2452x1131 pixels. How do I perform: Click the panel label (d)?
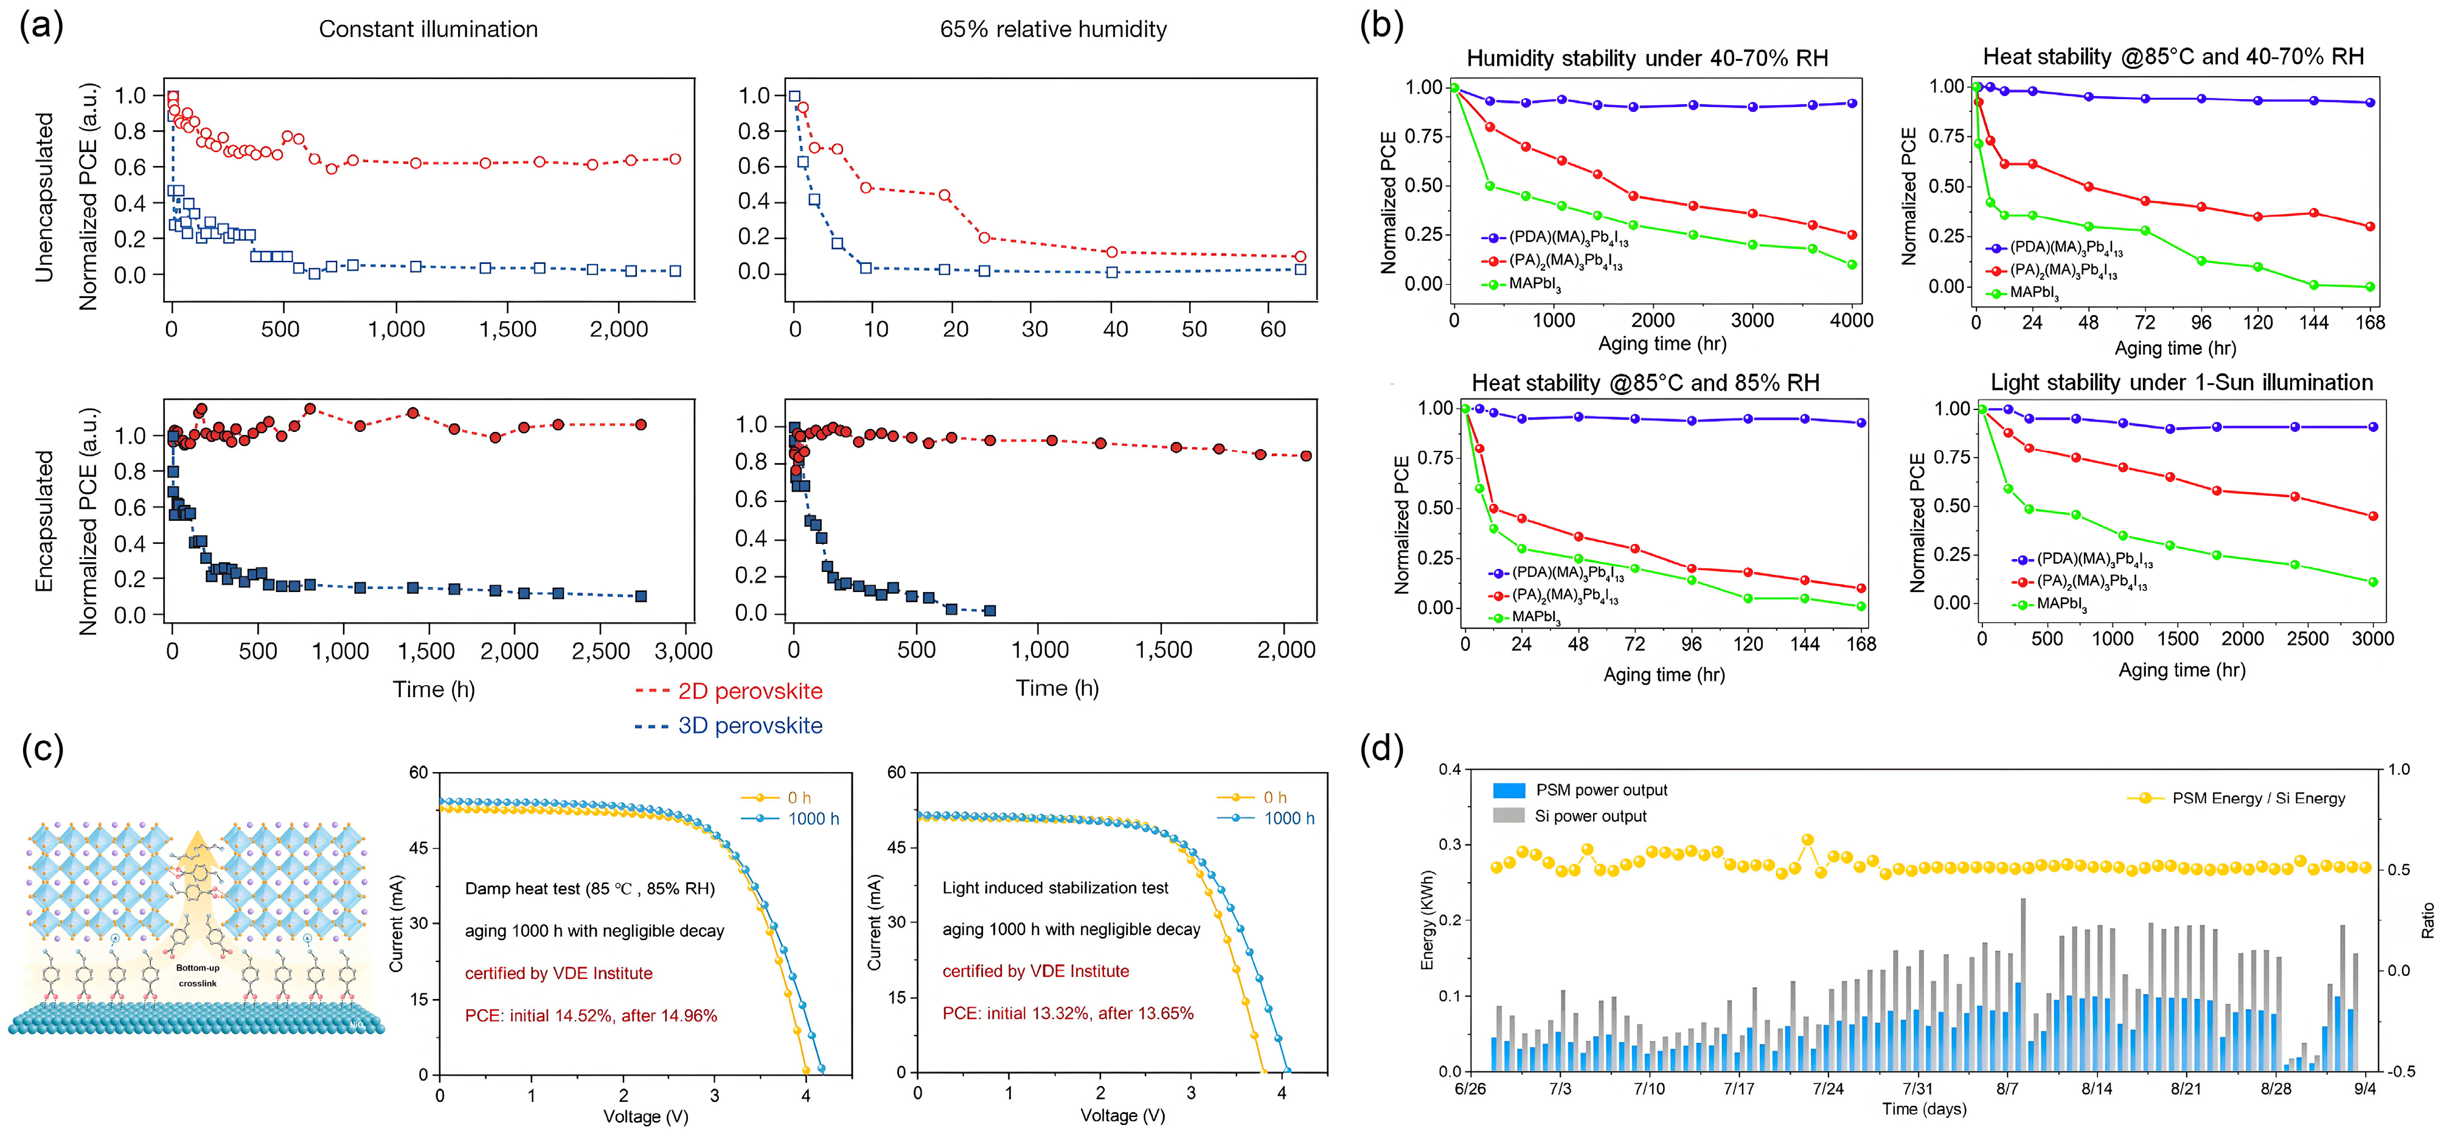1382,750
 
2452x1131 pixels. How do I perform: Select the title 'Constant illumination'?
428,30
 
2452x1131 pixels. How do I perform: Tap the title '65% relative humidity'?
1053,30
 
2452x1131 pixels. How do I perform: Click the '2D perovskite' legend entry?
749,691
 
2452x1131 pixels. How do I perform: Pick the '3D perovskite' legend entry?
749,725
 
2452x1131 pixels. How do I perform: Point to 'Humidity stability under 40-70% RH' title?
1647,58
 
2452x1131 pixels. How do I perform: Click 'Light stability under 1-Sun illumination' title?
2182,383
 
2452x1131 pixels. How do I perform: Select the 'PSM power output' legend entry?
1601,790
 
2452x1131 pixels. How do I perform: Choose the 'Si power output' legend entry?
1589,816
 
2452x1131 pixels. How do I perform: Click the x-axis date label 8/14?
2097,1089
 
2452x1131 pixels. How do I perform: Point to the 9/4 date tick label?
2366,1089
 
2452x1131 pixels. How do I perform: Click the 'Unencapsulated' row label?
44,197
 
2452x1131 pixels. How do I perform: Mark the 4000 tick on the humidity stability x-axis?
1852,321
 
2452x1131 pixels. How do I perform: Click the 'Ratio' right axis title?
2428,920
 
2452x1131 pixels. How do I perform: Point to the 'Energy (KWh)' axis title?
1428,920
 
